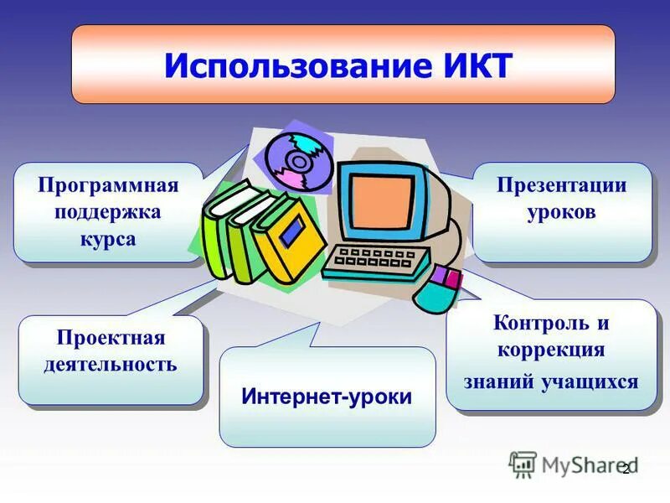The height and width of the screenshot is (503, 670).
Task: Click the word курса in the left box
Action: (x=108, y=239)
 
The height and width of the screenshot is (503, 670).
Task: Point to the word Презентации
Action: (x=562, y=185)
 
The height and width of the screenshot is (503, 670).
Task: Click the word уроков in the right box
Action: (x=562, y=212)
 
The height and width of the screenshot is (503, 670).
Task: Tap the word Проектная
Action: (x=111, y=338)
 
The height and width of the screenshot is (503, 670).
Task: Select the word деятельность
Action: (x=111, y=365)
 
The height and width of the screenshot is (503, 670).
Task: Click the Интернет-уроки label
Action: (x=327, y=396)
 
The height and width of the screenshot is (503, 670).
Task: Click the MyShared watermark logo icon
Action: (x=523, y=464)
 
